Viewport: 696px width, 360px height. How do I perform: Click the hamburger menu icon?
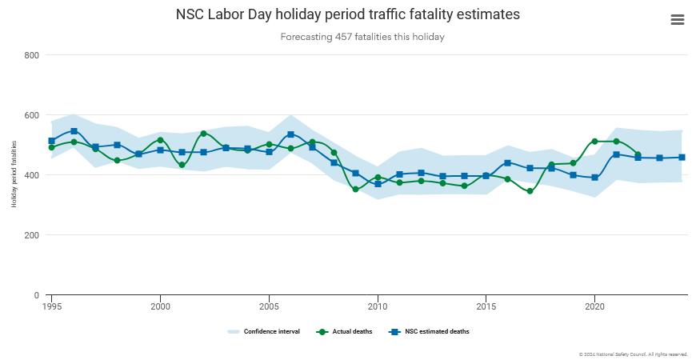pos(678,20)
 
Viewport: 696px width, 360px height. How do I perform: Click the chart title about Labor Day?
pos(347,15)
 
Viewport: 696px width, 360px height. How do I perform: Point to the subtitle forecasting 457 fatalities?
pos(362,37)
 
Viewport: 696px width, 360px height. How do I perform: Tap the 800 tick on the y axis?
pos(33,55)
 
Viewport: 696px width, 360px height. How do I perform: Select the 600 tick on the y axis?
pos(33,115)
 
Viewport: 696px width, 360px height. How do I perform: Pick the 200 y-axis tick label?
pos(33,235)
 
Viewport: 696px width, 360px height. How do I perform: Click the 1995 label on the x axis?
pos(52,306)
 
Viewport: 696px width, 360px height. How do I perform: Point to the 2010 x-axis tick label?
pos(378,306)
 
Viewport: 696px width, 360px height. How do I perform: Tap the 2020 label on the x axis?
pos(594,306)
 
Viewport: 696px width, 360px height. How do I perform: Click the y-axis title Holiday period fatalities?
pos(14,174)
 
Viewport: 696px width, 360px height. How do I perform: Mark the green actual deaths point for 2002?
pos(203,134)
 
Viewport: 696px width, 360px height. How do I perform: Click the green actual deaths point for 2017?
pos(530,191)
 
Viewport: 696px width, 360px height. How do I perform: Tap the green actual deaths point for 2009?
pos(355,190)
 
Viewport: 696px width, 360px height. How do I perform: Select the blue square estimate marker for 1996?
pos(74,131)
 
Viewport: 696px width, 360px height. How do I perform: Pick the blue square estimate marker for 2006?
pos(290,134)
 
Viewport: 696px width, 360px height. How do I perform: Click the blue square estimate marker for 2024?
pos(682,158)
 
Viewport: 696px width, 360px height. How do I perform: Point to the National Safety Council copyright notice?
pos(633,354)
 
